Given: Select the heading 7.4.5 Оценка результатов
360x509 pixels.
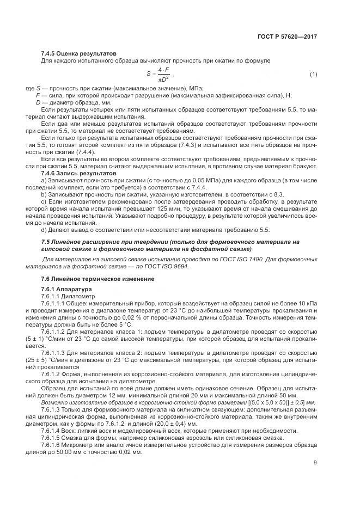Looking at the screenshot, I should [71, 54].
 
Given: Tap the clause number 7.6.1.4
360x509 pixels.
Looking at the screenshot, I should [53, 431].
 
